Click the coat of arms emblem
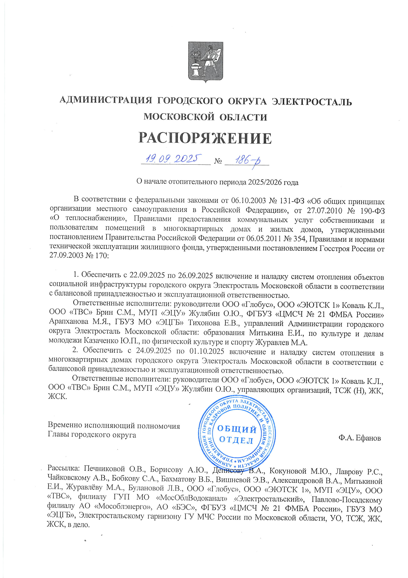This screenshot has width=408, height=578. (206, 62)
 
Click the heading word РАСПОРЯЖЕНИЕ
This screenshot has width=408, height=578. (205, 138)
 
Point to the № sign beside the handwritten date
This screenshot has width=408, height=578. (218, 161)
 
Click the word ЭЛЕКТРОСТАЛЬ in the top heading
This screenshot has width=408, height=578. (312, 102)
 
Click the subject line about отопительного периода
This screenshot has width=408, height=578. (217, 182)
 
